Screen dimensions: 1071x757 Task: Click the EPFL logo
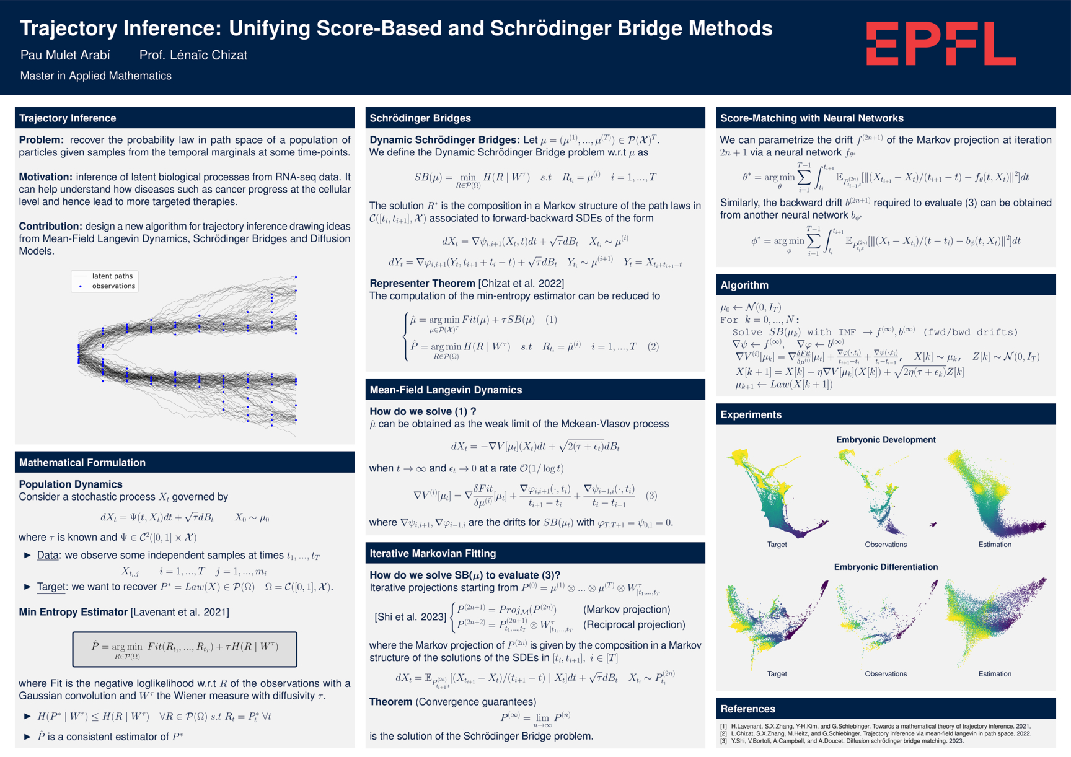(941, 43)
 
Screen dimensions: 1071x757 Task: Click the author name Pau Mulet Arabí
(65, 55)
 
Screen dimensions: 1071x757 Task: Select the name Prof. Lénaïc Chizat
(193, 55)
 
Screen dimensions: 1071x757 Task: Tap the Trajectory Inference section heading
(68, 118)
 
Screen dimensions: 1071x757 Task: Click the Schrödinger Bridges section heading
(420, 118)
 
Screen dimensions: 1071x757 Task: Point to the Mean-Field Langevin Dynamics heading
(446, 390)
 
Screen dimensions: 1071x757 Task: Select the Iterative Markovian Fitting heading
(433, 553)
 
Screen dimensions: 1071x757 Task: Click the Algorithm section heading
(744, 285)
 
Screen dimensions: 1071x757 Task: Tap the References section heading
(748, 709)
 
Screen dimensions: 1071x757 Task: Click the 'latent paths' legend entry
(112, 276)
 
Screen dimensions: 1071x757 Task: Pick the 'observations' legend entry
(113, 286)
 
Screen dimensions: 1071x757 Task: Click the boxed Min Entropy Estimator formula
(185, 649)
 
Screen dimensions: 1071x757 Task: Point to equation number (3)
(651, 496)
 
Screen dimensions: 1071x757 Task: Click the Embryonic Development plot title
(886, 440)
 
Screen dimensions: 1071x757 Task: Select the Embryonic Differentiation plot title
(886, 567)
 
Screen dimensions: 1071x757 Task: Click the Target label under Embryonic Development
(777, 545)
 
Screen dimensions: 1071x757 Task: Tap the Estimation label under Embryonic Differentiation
(995, 674)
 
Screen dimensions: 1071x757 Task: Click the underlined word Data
(48, 555)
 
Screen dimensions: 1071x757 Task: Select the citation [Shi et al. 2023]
(410, 617)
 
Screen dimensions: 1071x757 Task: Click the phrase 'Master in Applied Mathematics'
(96, 76)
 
